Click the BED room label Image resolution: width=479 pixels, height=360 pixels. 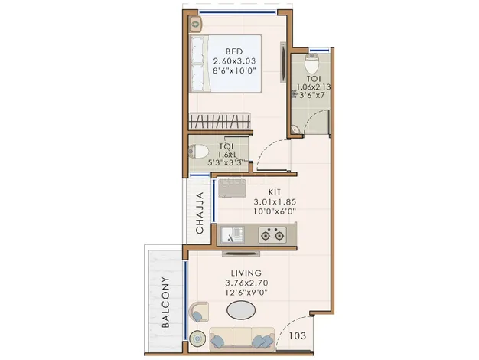coord(234,51)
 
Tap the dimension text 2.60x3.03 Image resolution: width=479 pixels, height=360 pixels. coord(234,61)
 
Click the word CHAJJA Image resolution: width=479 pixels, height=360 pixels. coord(200,213)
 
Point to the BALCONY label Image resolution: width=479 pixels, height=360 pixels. coord(165,303)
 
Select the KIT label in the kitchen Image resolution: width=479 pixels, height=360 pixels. coord(275,192)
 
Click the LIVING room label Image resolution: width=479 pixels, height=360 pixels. coord(246,273)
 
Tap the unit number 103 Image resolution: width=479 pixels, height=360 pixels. coord(297,335)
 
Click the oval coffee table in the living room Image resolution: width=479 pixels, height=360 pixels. coord(241,310)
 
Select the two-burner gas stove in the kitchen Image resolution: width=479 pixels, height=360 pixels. coord(272,235)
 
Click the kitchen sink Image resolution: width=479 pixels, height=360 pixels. coord(233,235)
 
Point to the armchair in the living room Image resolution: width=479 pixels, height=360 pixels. coord(199,312)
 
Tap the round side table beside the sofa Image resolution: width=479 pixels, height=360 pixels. coord(197,339)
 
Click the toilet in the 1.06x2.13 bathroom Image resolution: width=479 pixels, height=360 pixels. coord(312,63)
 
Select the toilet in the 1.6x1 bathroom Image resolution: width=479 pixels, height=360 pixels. coord(198,152)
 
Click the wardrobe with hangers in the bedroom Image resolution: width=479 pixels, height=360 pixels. coord(220,121)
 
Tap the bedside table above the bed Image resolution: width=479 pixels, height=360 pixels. coord(195,24)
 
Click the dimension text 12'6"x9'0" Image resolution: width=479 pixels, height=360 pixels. coord(246,293)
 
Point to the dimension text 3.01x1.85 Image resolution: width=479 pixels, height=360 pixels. coord(275,202)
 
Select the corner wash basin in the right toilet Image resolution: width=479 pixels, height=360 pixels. coord(295,129)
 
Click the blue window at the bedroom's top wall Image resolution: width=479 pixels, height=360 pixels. coord(237,12)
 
